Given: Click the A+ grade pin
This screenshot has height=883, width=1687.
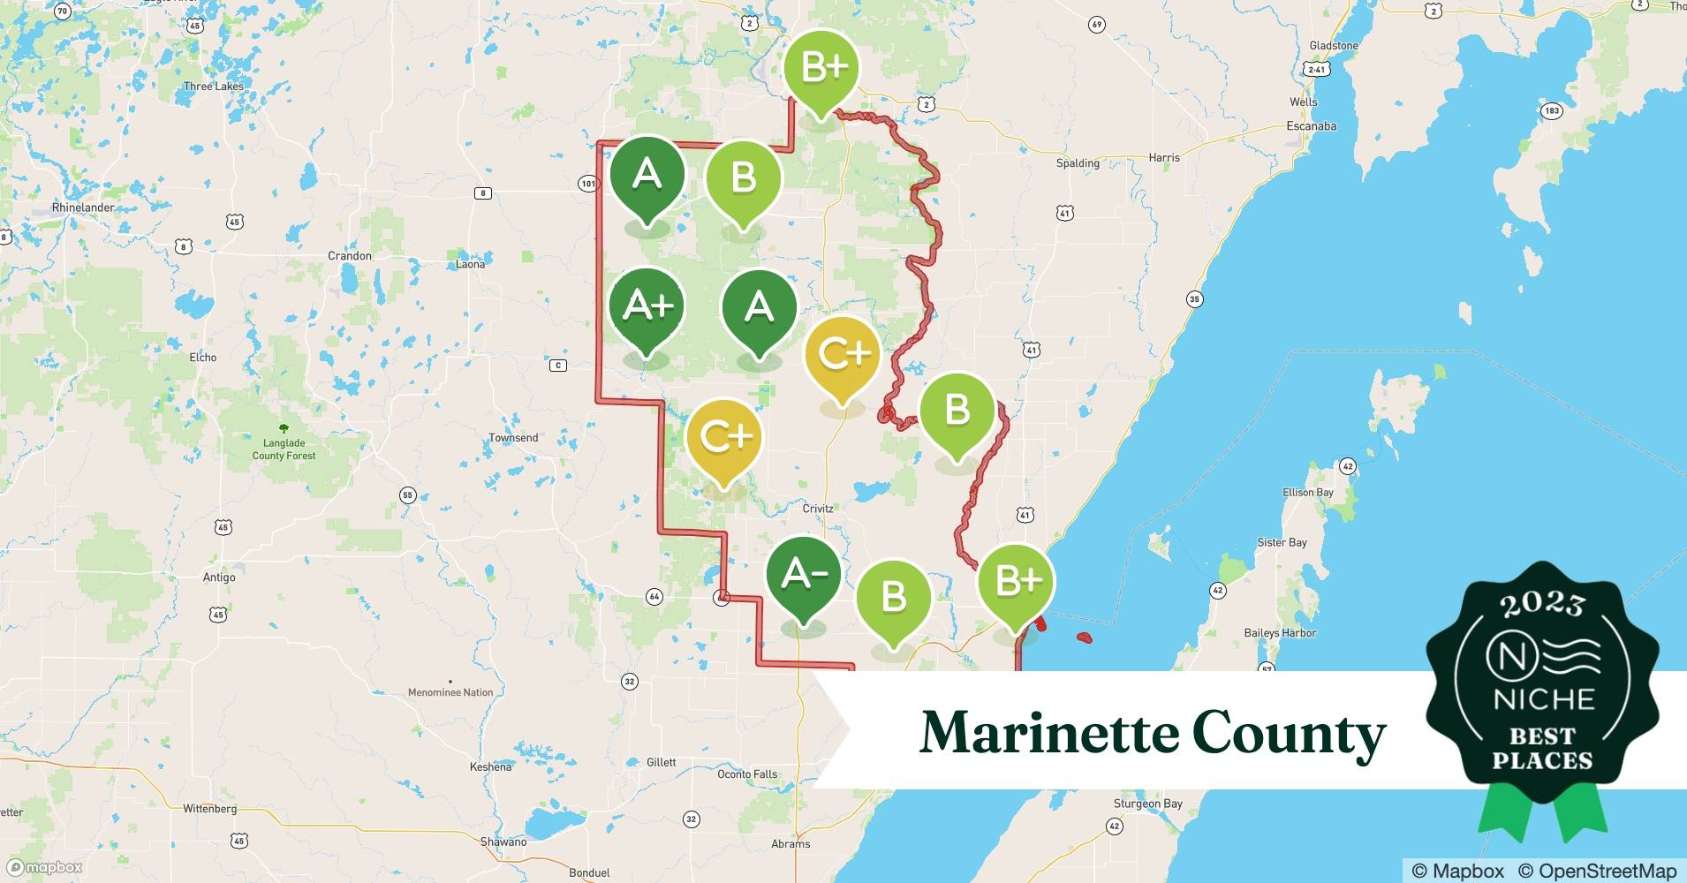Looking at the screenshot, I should coord(647,307).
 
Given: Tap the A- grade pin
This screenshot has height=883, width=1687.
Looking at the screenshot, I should coord(804,576).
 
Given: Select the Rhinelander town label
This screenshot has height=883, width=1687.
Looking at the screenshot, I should coord(83,208).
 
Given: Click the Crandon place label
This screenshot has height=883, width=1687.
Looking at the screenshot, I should coord(350,256).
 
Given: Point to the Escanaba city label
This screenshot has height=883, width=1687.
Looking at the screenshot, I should coord(1311,126).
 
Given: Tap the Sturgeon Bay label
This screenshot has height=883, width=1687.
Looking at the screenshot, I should coord(1147,804).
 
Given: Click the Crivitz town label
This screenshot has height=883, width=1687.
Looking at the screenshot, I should coord(818,509).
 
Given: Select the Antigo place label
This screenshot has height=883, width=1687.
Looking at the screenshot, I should coord(219,577).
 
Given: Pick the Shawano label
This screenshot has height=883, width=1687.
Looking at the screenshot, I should coord(503,841).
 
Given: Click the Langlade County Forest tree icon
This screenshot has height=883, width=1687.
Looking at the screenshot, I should coord(284,428).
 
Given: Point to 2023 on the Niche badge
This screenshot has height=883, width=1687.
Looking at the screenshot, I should coord(1542,605).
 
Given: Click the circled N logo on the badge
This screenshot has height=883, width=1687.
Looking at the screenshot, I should coord(1507,656).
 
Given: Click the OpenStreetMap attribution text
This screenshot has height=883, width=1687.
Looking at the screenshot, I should coord(1597,871).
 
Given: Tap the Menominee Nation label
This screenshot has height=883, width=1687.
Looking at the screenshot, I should coord(450,692).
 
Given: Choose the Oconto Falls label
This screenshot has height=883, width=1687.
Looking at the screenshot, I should coord(747,774).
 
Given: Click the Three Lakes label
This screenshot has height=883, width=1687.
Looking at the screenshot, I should coord(214,87).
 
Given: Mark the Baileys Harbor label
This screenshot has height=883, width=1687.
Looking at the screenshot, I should coord(1280,633).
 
